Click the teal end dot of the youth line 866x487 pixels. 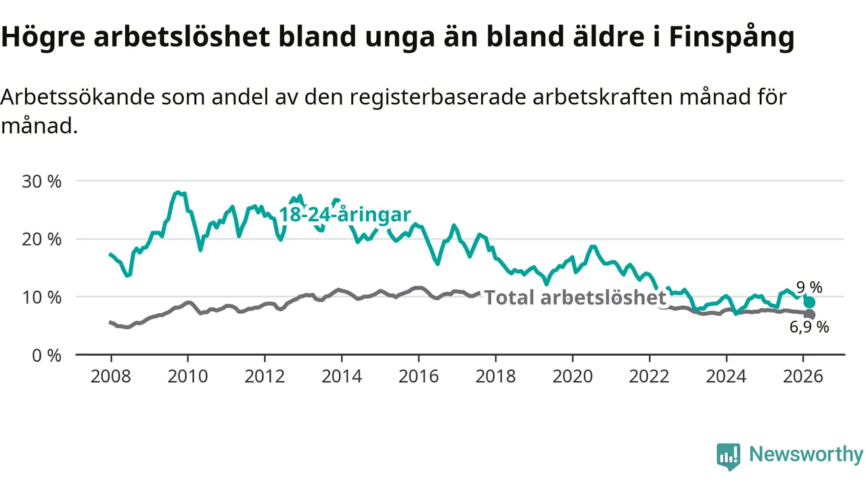[x=810, y=302]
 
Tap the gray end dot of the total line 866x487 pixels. [x=810, y=315]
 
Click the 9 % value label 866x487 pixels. [x=809, y=288]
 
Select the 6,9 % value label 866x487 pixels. [x=809, y=328]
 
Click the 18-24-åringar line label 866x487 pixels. [x=345, y=215]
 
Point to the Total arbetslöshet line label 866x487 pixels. [x=576, y=298]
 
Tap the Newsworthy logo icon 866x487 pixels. [x=729, y=456]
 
